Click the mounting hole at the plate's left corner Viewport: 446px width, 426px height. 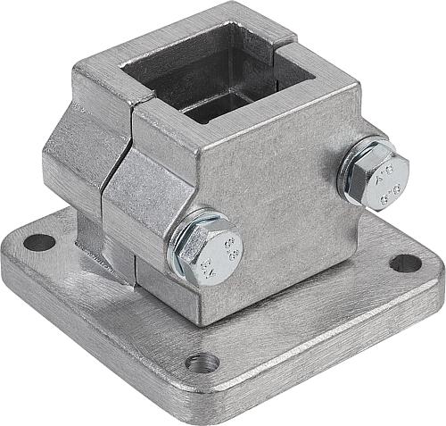[38, 241]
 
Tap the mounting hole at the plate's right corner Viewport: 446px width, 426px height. [405, 263]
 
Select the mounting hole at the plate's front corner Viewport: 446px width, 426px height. [203, 362]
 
